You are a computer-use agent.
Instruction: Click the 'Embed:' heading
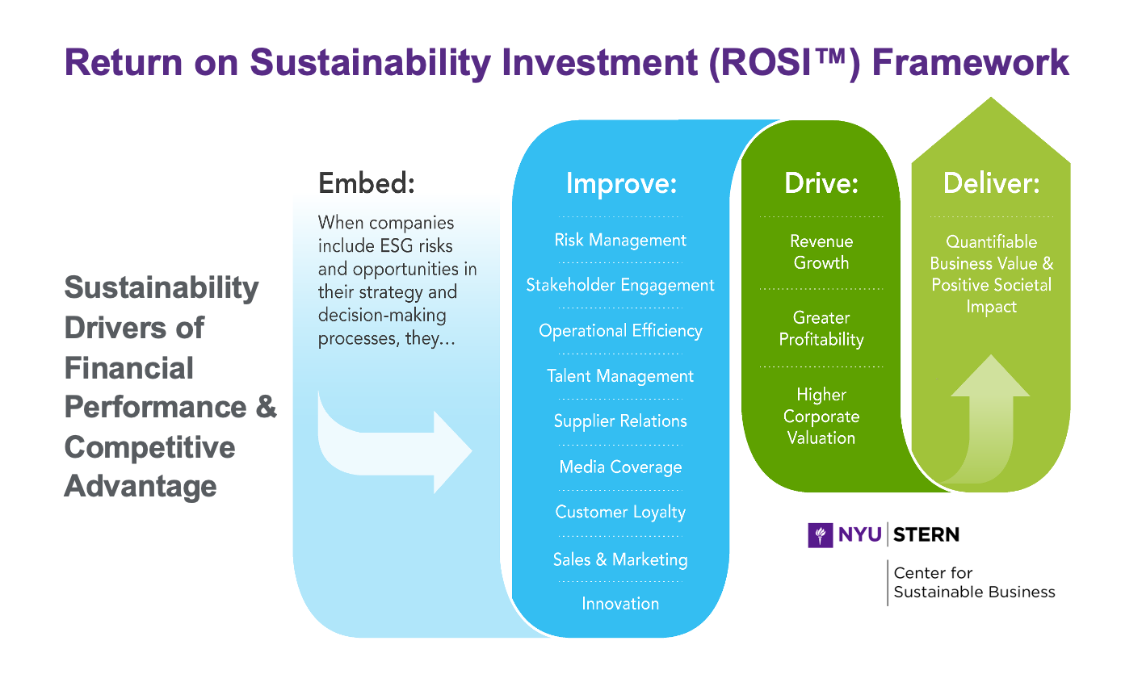366,183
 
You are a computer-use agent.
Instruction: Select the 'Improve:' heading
621,183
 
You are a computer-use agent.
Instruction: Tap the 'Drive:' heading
821,183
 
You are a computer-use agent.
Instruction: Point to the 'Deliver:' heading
991,183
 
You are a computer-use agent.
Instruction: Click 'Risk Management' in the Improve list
620,240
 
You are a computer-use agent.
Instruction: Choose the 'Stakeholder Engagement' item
620,286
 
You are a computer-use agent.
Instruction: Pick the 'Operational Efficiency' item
620,331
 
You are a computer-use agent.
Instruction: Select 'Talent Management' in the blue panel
620,376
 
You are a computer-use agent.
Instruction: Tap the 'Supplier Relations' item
620,421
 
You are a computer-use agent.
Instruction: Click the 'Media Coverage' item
620,467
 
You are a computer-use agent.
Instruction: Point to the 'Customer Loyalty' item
620,512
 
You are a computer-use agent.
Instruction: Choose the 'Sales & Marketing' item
620,559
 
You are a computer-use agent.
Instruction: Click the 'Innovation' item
620,604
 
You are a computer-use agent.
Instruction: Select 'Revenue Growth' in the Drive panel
821,252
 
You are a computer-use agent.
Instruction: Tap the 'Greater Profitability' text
821,329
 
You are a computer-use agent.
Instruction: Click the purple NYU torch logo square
821,535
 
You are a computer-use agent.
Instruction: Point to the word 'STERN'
926,535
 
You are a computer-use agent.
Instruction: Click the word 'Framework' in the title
971,63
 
